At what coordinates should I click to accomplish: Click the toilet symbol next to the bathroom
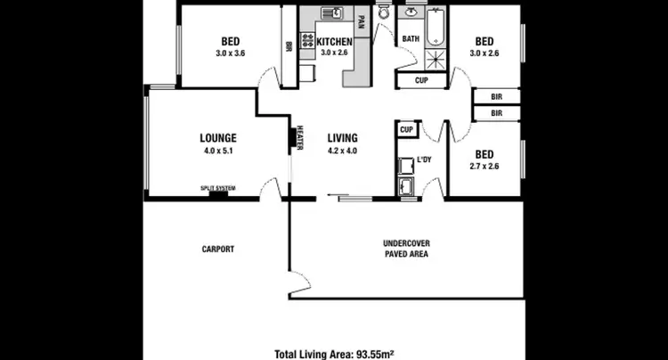click(x=384, y=13)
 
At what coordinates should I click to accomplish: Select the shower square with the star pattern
click(x=435, y=61)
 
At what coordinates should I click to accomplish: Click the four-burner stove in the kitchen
click(x=308, y=40)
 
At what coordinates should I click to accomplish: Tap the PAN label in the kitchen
click(x=361, y=20)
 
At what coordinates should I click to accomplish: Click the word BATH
click(x=411, y=39)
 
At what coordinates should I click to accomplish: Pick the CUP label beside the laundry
click(x=406, y=129)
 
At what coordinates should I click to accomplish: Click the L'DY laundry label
click(x=425, y=161)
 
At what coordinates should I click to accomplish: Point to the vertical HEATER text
click(x=300, y=138)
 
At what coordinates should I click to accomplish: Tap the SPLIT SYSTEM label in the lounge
click(x=218, y=188)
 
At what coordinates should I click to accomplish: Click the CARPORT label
click(x=218, y=250)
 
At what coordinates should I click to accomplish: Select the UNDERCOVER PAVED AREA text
click(x=406, y=249)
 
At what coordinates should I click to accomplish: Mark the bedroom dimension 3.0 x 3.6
click(x=229, y=53)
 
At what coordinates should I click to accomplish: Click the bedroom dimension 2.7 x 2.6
click(x=484, y=166)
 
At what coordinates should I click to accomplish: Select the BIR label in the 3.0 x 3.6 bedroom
click(x=289, y=47)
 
